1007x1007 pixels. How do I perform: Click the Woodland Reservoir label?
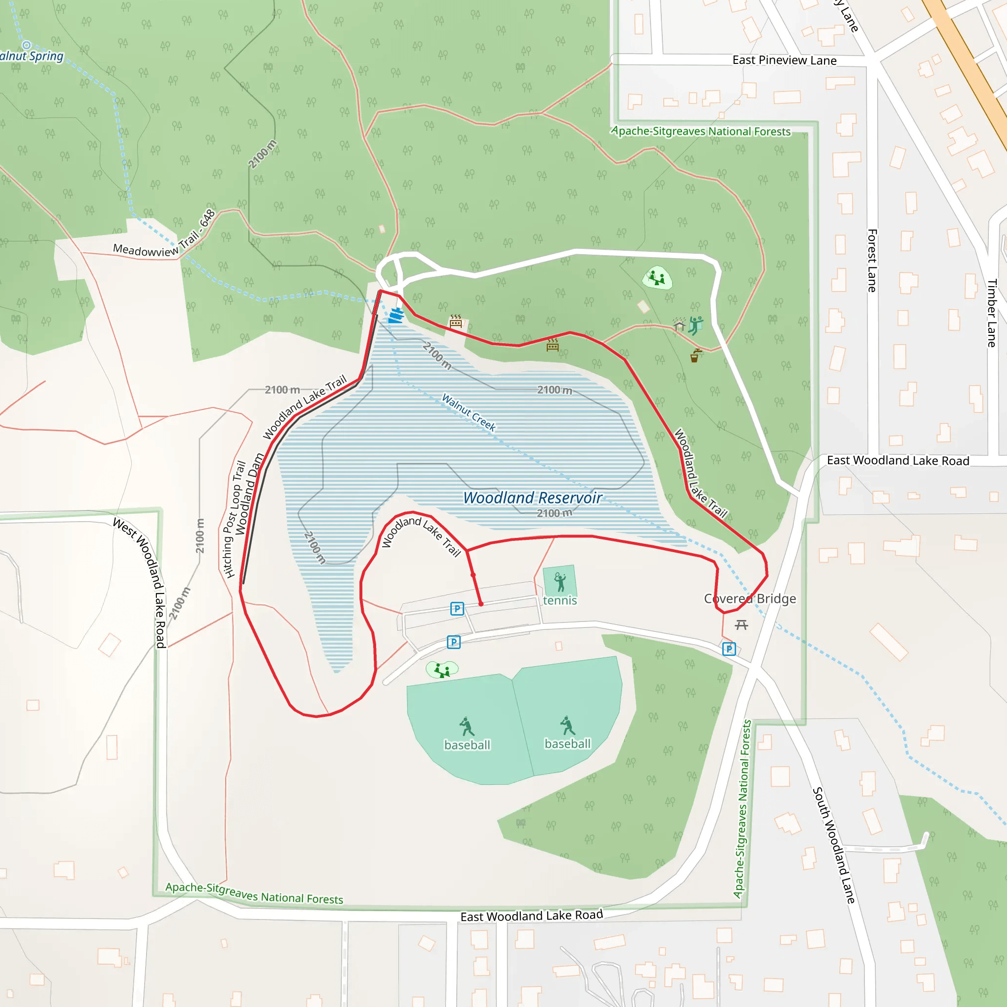pos(532,498)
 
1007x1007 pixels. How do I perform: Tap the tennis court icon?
pos(560,582)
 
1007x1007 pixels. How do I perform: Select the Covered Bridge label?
pos(749,598)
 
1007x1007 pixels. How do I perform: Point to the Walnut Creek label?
pos(469,412)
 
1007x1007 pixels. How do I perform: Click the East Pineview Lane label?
pos(784,60)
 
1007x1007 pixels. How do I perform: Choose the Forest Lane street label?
pos(872,260)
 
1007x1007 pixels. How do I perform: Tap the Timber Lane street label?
pos(992,313)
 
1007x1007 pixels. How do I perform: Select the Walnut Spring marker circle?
pos(27,45)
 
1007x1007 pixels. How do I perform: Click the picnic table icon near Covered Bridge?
pos(741,624)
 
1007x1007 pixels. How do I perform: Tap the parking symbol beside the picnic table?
pos(729,649)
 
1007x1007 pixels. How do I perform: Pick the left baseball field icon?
pos(467,726)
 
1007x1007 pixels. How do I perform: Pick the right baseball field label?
pos(567,744)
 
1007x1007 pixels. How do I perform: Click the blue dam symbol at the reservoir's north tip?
pos(397,315)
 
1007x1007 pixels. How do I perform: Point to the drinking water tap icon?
pos(695,356)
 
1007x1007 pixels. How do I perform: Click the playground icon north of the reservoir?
pos(657,278)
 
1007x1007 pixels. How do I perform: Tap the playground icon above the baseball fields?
pos(442,670)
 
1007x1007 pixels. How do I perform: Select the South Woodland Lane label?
pos(834,845)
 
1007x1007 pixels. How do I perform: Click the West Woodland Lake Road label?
pos(140,583)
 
